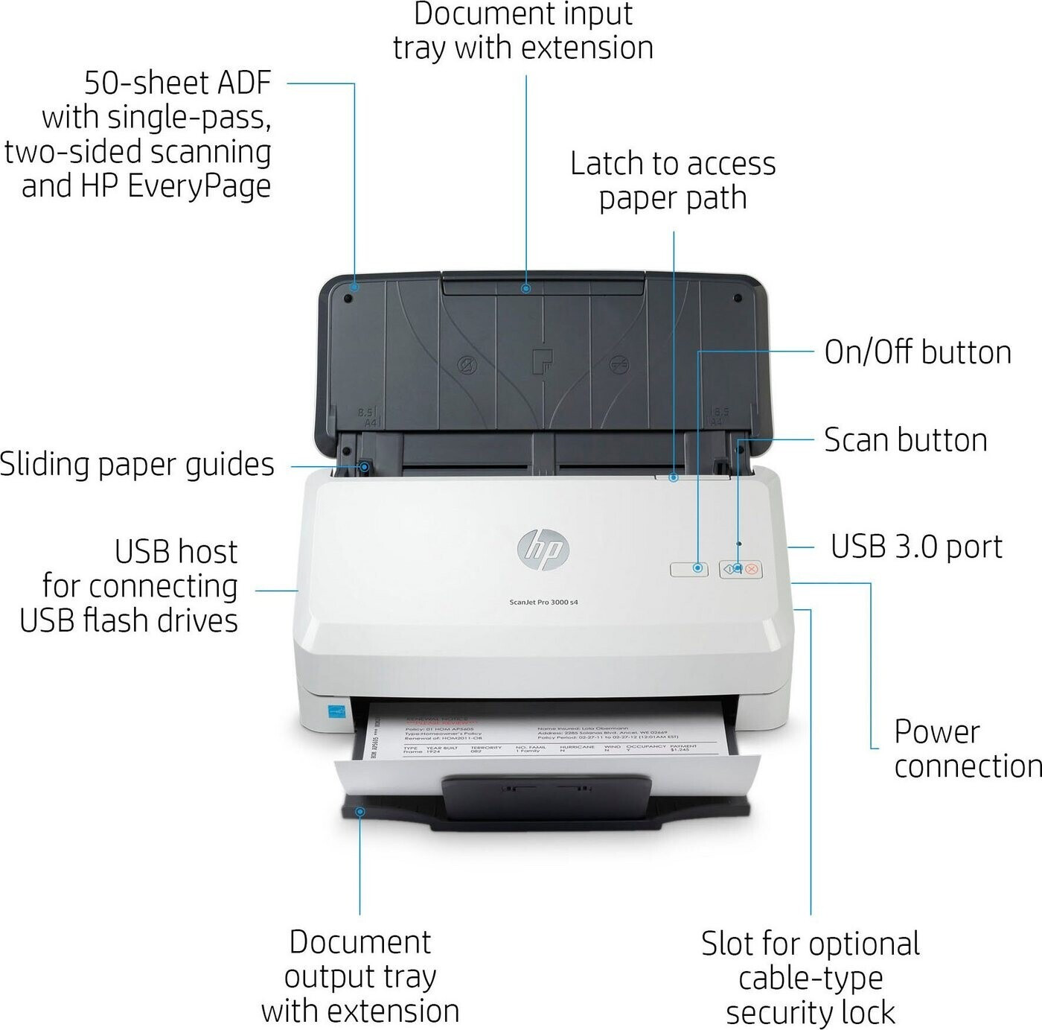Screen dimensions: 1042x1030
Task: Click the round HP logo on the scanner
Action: coord(543,550)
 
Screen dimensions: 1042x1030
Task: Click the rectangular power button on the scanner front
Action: coord(689,569)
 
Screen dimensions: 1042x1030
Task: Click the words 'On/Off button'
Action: coord(918,352)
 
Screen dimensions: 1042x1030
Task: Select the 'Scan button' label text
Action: coord(906,440)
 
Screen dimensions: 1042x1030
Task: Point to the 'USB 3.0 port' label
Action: coord(916,547)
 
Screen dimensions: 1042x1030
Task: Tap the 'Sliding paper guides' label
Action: coord(137,464)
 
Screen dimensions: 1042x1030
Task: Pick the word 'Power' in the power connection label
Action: coord(936,731)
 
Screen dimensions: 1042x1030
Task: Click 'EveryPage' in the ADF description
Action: coord(199,186)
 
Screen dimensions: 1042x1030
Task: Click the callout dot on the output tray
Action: coord(360,811)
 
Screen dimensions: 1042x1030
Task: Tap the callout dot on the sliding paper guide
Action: coord(365,467)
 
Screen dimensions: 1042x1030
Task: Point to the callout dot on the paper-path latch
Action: coord(674,477)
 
